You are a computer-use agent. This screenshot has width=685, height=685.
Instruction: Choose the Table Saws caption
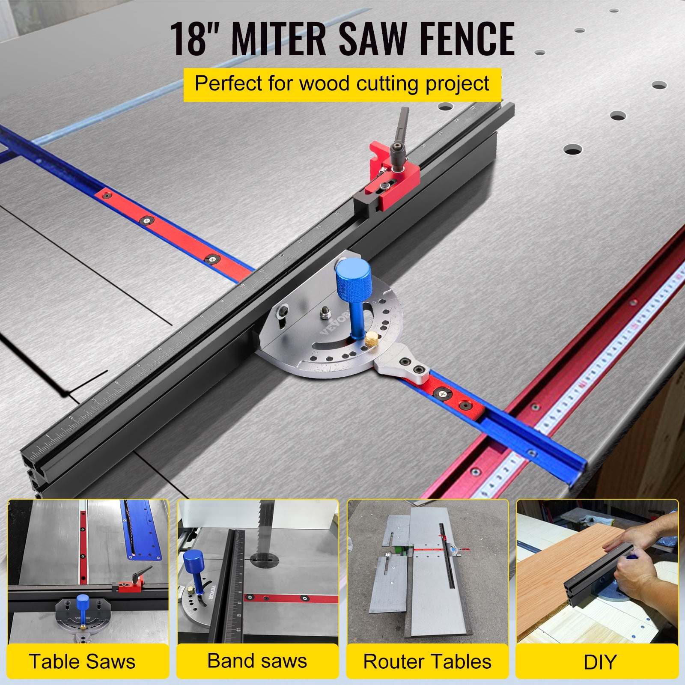(x=82, y=661)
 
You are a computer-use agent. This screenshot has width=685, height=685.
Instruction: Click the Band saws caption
(x=257, y=661)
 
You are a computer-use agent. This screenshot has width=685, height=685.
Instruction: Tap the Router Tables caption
(x=427, y=661)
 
